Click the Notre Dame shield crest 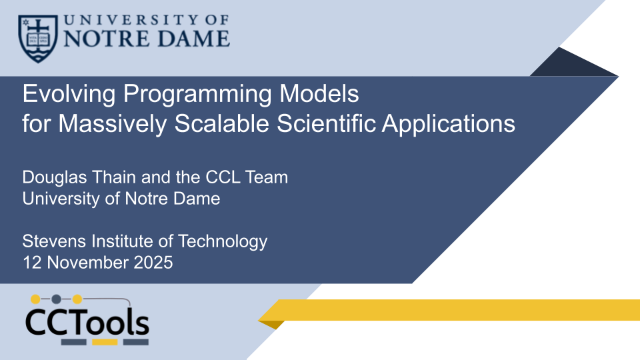tap(37, 38)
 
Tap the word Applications tap(459, 125)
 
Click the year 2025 tap(153, 263)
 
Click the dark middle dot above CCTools tap(56, 299)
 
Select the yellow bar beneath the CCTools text tap(105, 342)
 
